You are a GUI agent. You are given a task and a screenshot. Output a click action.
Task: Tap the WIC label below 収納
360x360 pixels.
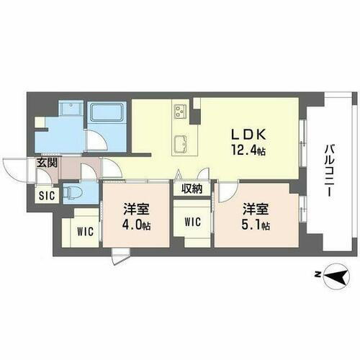[193, 221]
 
